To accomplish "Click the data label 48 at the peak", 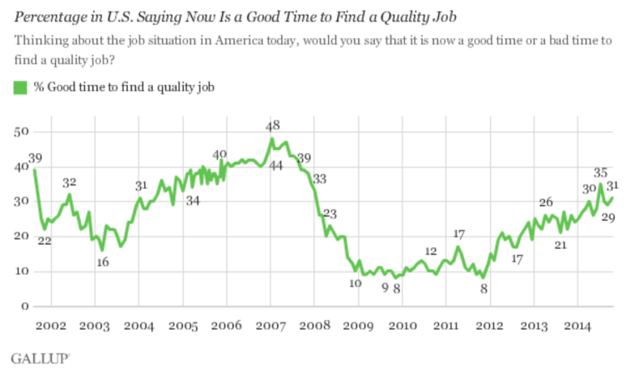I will pyautogui.click(x=273, y=126).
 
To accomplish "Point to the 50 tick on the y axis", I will pyautogui.click(x=23, y=132).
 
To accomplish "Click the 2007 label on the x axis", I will pyautogui.click(x=273, y=325).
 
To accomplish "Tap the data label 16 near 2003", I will pyautogui.click(x=102, y=262).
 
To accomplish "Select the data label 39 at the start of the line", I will pyautogui.click(x=34, y=158).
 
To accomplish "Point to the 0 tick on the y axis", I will pyautogui.click(x=26, y=307).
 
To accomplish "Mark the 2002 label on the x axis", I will pyautogui.click(x=52, y=325).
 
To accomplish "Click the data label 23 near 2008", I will pyautogui.click(x=331, y=213).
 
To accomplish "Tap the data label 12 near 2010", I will pyautogui.click(x=432, y=251).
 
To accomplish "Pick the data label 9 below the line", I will pyautogui.click(x=385, y=287).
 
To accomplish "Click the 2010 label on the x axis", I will pyautogui.click(x=402, y=325).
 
